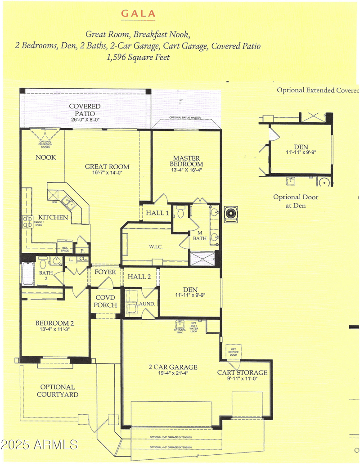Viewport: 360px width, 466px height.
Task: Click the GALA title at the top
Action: click(138, 14)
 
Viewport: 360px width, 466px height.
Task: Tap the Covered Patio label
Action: click(85, 110)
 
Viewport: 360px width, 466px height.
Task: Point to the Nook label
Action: click(46, 157)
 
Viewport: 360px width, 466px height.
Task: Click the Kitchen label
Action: click(53, 218)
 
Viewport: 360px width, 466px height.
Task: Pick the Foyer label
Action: click(105, 273)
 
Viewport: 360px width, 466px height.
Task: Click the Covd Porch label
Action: click(105, 301)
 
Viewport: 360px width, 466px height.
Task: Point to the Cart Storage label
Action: click(242, 373)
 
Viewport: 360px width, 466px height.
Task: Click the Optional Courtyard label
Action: click(58, 390)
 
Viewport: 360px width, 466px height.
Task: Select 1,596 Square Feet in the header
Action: click(138, 57)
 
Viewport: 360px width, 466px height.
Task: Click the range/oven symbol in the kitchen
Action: click(27, 221)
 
